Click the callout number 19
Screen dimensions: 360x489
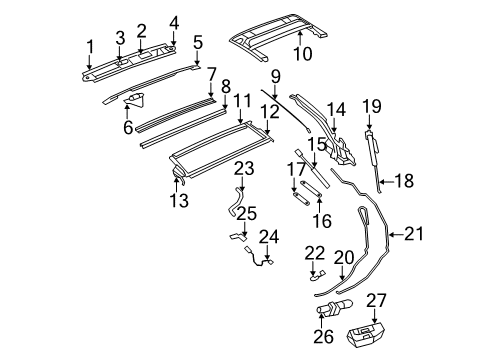(371, 105)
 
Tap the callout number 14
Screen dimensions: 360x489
(336, 110)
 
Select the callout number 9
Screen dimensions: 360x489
(273, 74)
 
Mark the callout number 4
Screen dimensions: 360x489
(175, 21)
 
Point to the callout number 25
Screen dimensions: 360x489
(247, 212)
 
